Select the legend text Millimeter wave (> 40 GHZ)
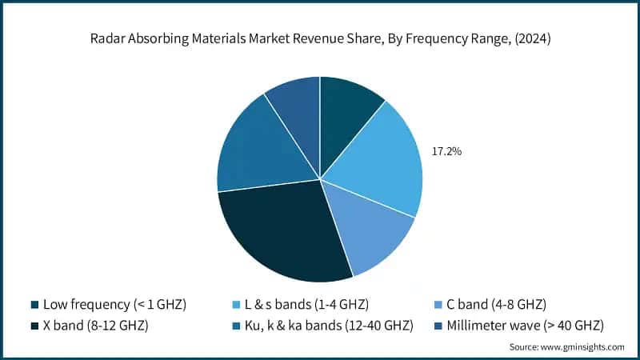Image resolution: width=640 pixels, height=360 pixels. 527,325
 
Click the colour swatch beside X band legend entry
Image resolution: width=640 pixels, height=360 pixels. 35,325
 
